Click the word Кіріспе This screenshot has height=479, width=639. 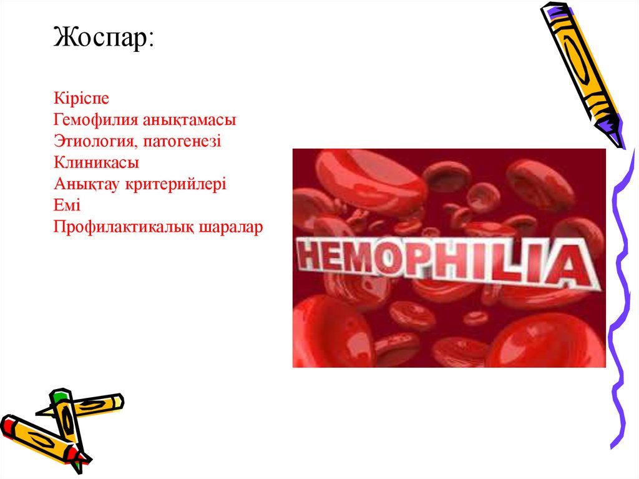pos(82,99)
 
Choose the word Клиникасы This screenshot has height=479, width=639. pos(96,163)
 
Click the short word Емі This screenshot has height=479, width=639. pos(67,205)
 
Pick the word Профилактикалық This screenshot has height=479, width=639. pos(124,227)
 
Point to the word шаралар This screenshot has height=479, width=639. pos(231,227)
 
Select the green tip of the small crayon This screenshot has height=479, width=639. pos(58,395)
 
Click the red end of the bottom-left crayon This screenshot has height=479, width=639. pos(7,425)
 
